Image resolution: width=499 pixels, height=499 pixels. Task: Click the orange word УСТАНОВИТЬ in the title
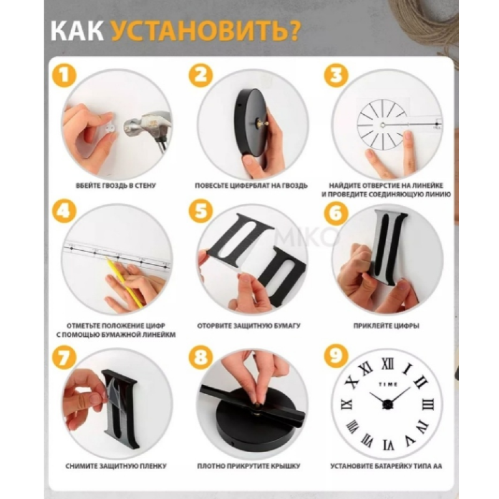coord(205,31)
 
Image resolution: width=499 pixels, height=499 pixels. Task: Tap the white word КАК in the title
coord(77,31)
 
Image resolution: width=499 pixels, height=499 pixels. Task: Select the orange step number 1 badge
coord(64,75)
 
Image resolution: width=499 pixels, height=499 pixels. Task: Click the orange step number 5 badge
coord(200,212)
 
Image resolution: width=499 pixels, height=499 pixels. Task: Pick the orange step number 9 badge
coord(336,355)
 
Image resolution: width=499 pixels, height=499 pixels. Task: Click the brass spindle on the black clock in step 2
coord(261,122)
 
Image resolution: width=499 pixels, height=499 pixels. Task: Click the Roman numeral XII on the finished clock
coord(387,364)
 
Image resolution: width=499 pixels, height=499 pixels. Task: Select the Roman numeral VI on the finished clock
coord(388,444)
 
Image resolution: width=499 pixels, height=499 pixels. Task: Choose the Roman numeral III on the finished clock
coord(428,405)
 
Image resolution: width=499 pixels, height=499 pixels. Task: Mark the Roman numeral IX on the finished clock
coord(347,404)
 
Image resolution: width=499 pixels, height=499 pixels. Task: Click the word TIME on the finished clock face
coord(388,384)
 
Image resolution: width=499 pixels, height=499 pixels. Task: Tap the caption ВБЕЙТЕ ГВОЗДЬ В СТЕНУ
coord(116,185)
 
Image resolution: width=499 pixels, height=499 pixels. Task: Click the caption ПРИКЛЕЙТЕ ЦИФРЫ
coord(386,326)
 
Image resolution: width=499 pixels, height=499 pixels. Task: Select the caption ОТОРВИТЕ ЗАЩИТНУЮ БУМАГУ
coord(248,326)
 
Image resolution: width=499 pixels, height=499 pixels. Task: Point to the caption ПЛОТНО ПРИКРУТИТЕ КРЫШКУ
coord(248,466)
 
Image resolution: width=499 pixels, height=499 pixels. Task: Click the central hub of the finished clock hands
coord(387,404)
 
